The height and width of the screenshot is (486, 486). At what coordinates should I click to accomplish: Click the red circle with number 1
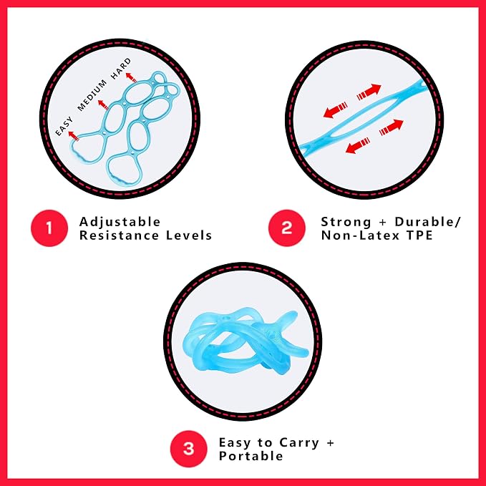[x=49, y=228]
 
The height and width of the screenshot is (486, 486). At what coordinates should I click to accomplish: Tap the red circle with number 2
[x=287, y=228]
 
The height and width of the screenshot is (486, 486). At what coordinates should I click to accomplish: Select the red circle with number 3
[x=188, y=449]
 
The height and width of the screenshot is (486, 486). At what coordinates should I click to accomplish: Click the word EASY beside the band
[x=64, y=126]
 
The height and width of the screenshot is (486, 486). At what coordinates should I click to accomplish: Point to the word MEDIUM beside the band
[x=92, y=95]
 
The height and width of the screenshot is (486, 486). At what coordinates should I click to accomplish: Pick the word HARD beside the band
[x=121, y=69]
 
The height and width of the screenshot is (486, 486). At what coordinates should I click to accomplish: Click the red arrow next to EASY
[x=74, y=136]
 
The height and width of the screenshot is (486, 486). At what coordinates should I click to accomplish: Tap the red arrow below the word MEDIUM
[x=103, y=105]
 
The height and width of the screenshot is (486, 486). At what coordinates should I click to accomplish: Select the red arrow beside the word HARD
[x=131, y=77]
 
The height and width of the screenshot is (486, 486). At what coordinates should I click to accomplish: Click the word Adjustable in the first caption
[x=120, y=223]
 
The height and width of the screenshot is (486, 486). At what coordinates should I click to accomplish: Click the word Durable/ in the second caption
[x=428, y=222]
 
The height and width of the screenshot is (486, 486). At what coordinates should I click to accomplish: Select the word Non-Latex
[x=361, y=235]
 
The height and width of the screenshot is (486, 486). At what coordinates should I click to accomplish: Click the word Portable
[x=251, y=456]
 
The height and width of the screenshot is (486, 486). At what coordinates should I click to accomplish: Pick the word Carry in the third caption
[x=299, y=443]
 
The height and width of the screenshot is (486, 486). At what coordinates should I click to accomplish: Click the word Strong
[x=346, y=223]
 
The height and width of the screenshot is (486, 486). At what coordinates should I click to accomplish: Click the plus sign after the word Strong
[x=383, y=223]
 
